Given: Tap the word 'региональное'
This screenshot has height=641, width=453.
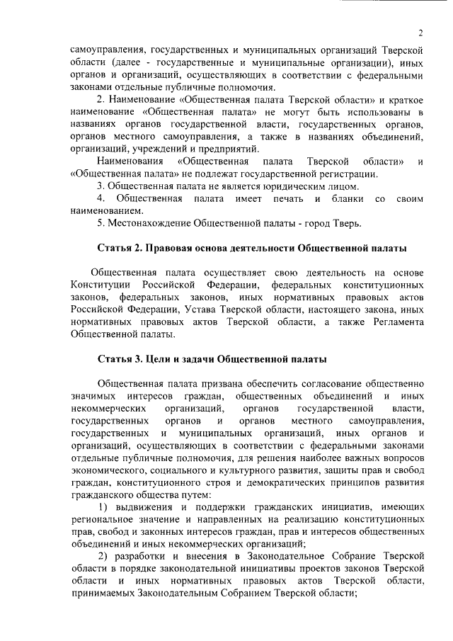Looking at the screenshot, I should coord(102,519).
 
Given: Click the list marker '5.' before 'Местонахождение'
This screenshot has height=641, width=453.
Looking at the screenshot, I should coord(102,224).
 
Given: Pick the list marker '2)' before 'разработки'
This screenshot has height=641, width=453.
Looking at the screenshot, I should coord(103,557).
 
